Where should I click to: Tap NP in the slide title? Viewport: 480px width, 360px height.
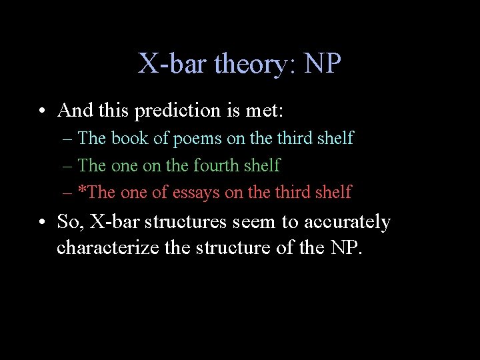(323, 65)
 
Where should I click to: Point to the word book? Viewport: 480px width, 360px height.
(130, 139)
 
